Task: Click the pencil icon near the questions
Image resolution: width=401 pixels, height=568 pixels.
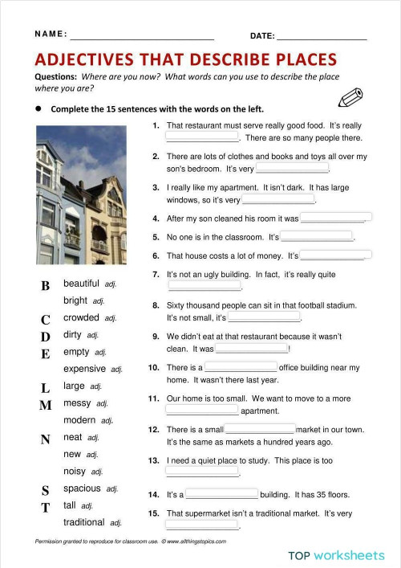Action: (x=350, y=98)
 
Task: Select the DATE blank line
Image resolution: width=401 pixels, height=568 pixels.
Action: (x=322, y=36)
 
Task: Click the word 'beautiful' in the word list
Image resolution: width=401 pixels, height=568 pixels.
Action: (x=81, y=284)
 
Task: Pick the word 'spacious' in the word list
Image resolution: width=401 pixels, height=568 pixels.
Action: (x=82, y=488)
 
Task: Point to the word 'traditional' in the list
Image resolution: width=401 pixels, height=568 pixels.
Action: (x=84, y=522)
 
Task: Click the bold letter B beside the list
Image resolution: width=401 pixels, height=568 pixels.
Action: (x=46, y=286)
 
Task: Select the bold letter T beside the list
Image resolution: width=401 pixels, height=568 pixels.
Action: (x=46, y=508)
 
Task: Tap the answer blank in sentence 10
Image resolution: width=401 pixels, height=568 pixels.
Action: (x=241, y=367)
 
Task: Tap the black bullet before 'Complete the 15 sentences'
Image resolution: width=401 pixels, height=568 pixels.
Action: (x=38, y=108)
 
